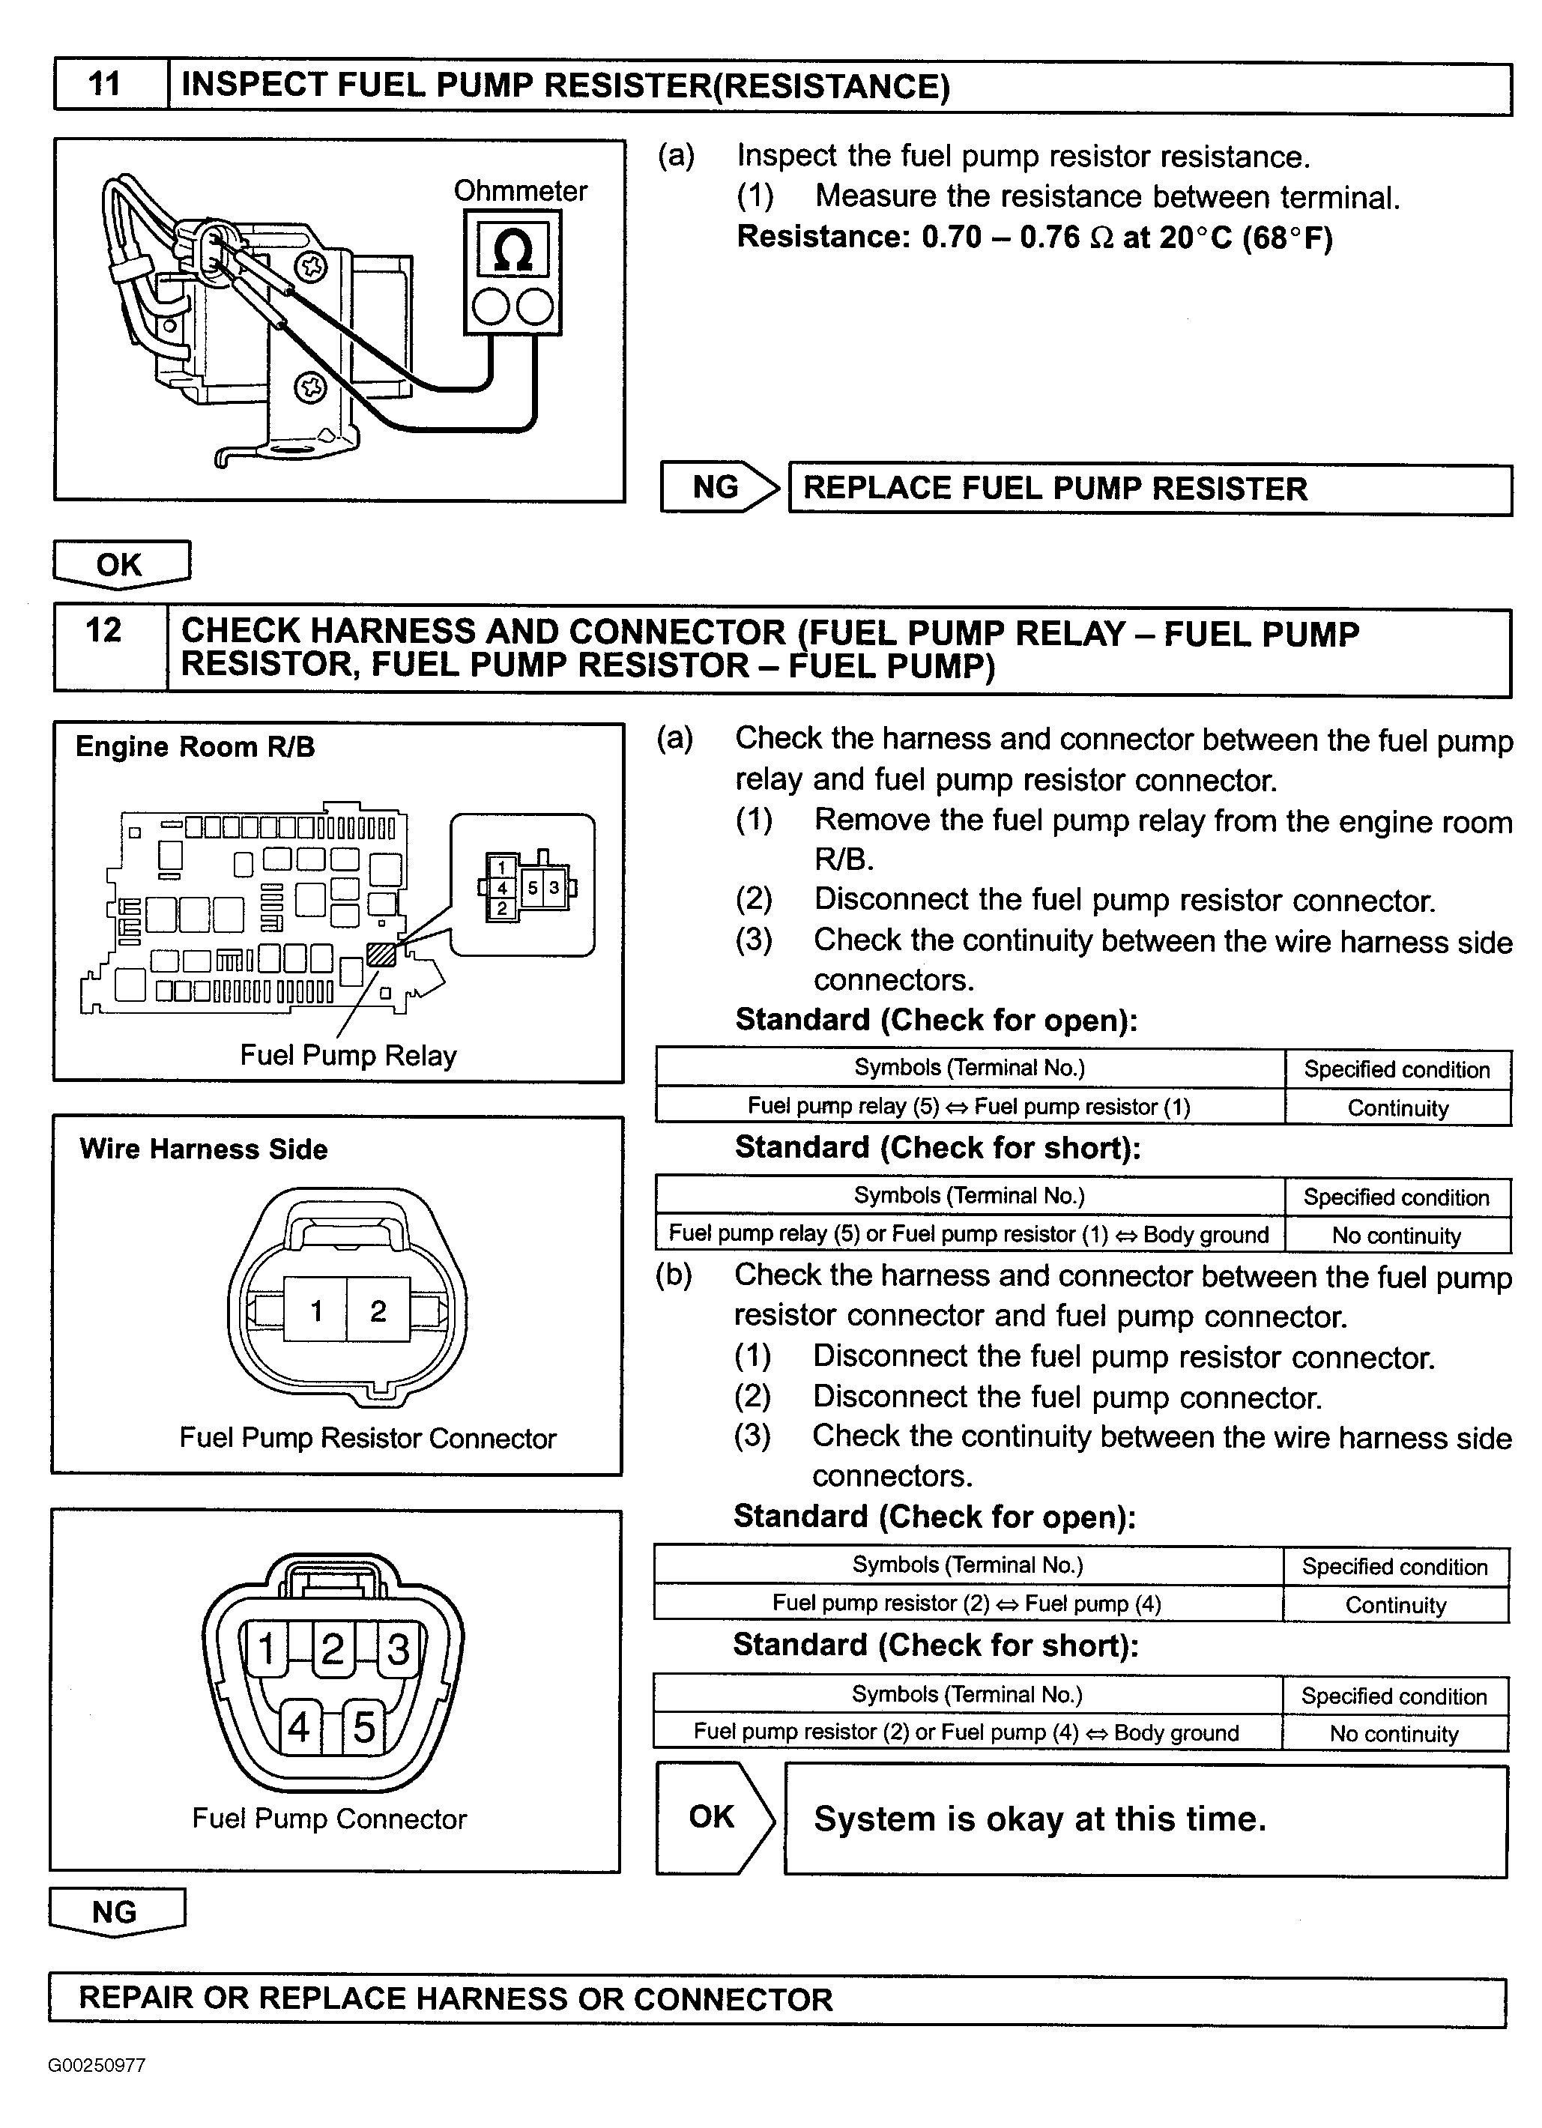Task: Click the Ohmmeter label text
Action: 521,191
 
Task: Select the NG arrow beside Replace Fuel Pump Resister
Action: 719,487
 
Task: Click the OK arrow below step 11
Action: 121,565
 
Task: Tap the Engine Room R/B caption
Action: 195,747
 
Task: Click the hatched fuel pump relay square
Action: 381,954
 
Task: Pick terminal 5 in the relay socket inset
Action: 533,886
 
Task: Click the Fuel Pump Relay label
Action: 348,1056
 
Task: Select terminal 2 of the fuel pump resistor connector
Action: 378,1311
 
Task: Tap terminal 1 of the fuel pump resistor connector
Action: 317,1311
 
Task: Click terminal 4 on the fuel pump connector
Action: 299,1727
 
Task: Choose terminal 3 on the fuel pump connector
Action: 399,1649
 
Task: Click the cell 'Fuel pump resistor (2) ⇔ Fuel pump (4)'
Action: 967,1603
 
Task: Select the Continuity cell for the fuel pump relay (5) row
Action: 1397,1108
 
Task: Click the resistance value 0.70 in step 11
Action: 951,238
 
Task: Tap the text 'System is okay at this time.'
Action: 1040,1819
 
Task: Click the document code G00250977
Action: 97,2065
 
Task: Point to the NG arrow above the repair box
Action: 116,1912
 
